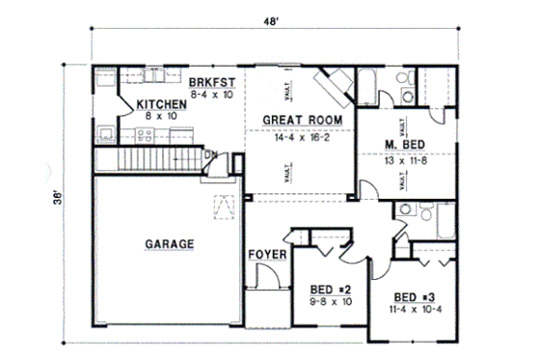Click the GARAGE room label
coord(170,244)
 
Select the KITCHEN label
coord(161,103)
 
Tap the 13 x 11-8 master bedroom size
coord(405,161)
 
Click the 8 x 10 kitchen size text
coord(161,116)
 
